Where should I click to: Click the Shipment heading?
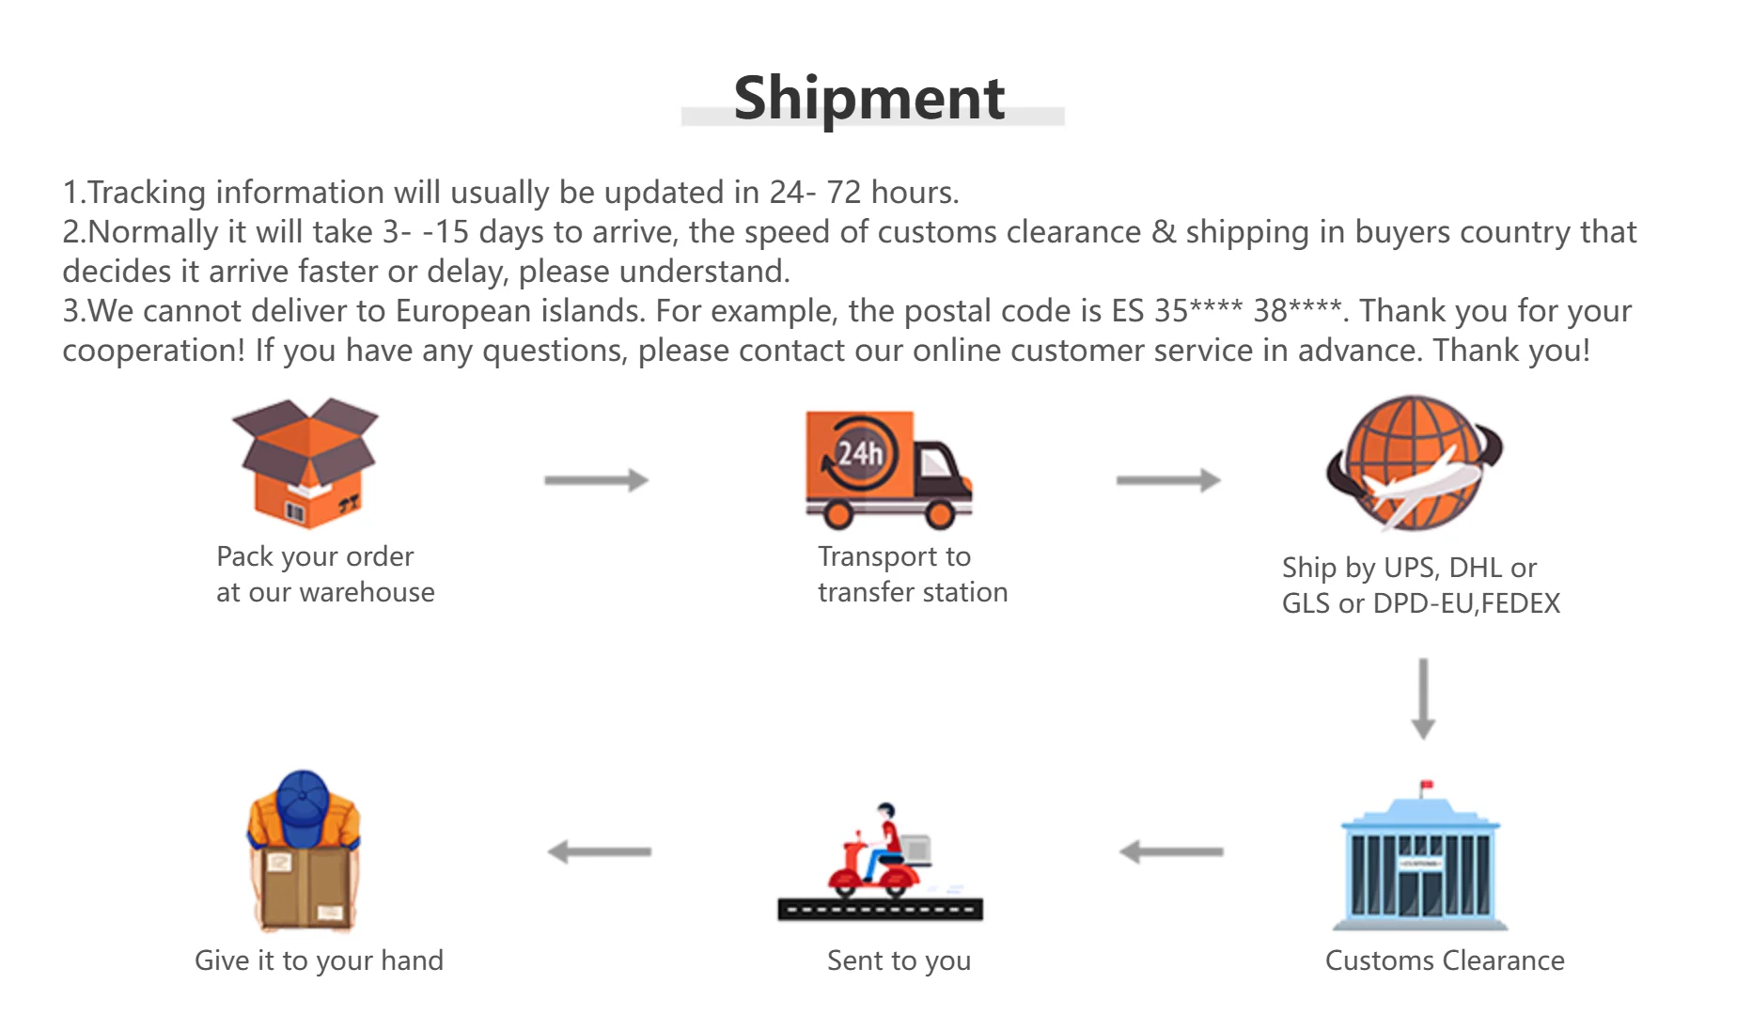click(x=869, y=98)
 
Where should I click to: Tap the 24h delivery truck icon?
click(x=887, y=468)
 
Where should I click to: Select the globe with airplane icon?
click(x=1414, y=462)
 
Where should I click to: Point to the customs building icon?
click(x=1420, y=860)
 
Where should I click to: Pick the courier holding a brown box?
click(x=304, y=851)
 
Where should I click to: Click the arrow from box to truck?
click(x=596, y=480)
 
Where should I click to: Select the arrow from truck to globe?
click(x=1167, y=480)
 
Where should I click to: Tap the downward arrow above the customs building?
click(x=1423, y=698)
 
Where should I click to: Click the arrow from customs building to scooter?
click(x=1171, y=851)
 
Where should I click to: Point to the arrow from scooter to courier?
click(x=600, y=851)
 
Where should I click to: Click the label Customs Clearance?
click(x=1444, y=960)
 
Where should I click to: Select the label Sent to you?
click(x=899, y=960)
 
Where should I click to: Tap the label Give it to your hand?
click(x=319, y=960)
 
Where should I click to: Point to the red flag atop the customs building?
click(x=1427, y=785)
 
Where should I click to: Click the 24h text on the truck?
click(x=860, y=454)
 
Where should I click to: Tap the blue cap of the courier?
click(x=303, y=799)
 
